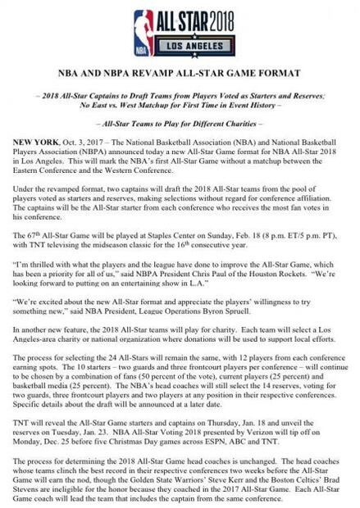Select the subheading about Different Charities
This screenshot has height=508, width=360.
point(180,121)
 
